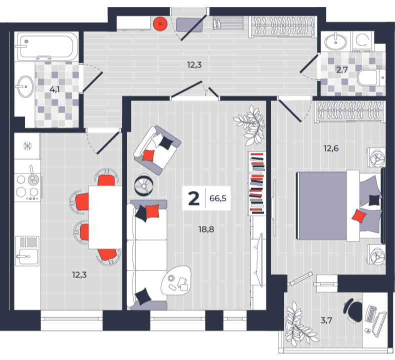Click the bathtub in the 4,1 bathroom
pos(47,46)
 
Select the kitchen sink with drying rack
pos(27,250)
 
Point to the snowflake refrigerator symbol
pos(27,146)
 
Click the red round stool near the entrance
pos(160,24)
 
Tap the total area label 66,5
pos(218,198)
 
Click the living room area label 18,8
pos(206,229)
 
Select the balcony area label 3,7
pos(326,320)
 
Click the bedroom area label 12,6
pos(331,148)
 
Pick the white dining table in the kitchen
pos(105,217)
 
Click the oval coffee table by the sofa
pos(176,280)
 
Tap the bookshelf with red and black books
pos(256,183)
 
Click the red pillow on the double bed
pos(358,216)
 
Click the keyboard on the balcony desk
pos(371,314)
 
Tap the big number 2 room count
pos(193,198)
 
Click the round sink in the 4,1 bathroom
pos(25,86)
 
